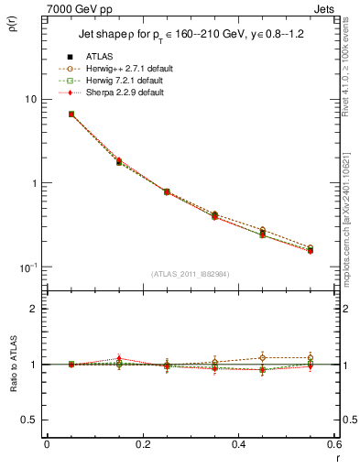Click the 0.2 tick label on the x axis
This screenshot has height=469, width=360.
pos(142,444)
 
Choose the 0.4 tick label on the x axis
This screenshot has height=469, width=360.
pos(238,444)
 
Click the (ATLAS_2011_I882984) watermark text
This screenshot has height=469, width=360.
pos(190,274)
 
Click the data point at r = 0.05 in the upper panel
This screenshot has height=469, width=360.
pos(71,115)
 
